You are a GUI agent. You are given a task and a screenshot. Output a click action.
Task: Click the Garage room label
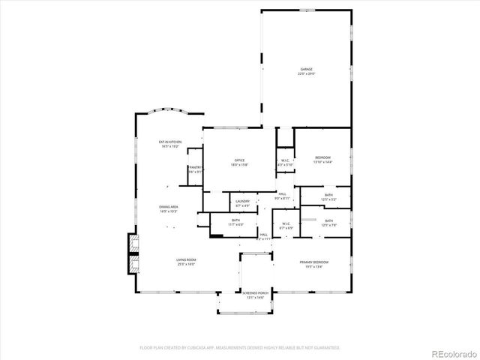(306, 69)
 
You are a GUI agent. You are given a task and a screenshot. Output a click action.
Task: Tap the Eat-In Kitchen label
(169, 142)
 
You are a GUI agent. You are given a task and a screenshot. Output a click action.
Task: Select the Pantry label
(195, 167)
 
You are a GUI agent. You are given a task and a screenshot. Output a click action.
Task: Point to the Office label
(240, 160)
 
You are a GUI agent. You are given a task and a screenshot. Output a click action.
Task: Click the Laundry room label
(242, 201)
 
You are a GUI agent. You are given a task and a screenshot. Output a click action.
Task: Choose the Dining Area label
(168, 207)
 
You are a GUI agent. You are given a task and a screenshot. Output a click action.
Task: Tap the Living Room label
(186, 259)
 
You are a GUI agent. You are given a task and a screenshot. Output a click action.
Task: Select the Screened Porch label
(255, 293)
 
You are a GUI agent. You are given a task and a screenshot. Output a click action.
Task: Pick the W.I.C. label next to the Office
(286, 160)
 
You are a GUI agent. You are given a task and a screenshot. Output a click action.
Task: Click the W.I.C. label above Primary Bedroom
(286, 223)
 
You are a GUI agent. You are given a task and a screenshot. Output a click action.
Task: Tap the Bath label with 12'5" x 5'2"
(328, 195)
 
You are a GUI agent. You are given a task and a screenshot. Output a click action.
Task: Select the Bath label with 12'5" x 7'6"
(328, 220)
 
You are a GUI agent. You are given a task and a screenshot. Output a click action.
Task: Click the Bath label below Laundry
(235, 220)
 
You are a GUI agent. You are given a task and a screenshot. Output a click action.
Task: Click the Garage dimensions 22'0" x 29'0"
(306, 74)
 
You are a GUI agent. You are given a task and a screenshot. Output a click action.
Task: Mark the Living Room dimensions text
(186, 265)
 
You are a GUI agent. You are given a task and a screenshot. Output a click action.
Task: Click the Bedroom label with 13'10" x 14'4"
(322, 157)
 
